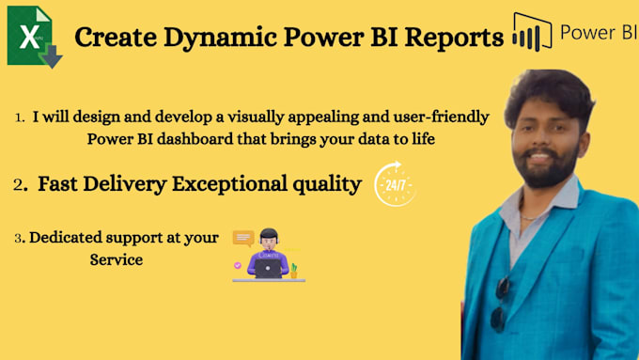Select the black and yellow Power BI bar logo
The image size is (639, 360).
532,34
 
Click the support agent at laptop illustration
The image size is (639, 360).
269,256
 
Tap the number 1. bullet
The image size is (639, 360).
20,118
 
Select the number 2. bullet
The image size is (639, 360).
21,185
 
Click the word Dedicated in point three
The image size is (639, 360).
68,238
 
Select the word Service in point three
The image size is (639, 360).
116,259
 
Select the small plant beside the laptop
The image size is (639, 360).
294,271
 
